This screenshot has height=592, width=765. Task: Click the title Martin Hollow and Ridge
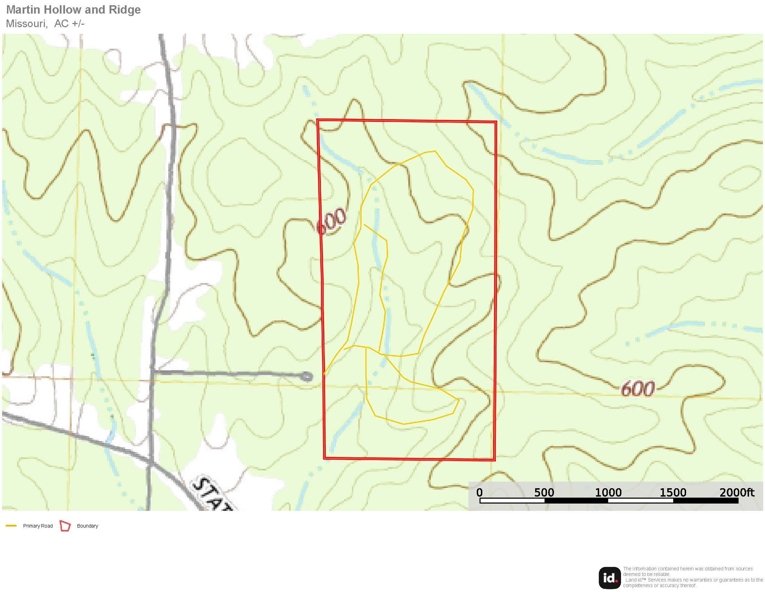coord(73,10)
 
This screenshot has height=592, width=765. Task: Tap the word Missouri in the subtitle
coord(26,23)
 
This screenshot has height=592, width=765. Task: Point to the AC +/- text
coord(69,23)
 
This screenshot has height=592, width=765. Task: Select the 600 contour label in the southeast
coord(637,389)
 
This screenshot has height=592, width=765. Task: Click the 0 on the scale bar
coord(480,492)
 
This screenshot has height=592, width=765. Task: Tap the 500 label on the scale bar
coord(544,492)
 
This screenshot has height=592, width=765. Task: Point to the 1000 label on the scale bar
coord(609,492)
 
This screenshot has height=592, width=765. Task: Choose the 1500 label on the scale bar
coord(673,492)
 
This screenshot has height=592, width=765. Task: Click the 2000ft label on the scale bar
coord(736,492)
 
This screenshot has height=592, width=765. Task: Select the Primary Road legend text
coord(38,526)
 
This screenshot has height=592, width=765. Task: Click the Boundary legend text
coord(88,526)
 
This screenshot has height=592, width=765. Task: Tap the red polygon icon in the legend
coord(65,526)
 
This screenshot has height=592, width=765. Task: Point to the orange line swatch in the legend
coord(11,526)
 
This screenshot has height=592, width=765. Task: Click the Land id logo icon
coord(610,578)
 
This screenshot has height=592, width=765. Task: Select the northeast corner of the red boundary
coord(496,122)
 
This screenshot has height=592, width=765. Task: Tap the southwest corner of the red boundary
coord(325,458)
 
